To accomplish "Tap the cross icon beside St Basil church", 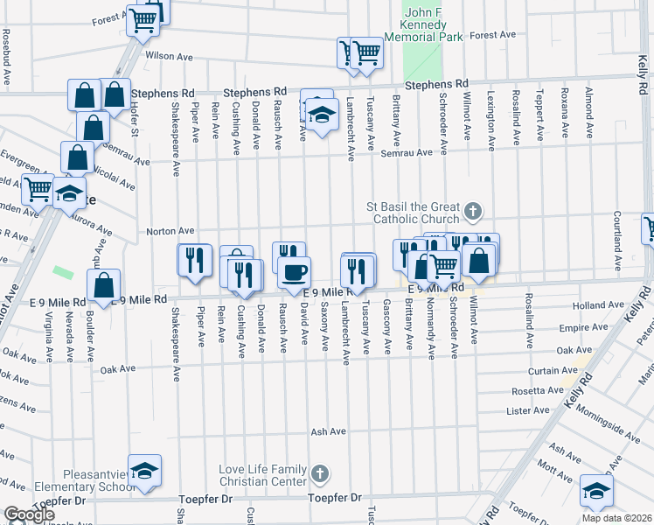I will coord(473,210).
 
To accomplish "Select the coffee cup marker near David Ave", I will coord(294,270).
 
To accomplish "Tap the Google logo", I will coord(29,514).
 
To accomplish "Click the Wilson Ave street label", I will coord(169,56).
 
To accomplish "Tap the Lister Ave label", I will coord(527,409).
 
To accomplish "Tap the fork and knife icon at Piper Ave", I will coord(195,260).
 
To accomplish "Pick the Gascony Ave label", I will coord(387,327).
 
